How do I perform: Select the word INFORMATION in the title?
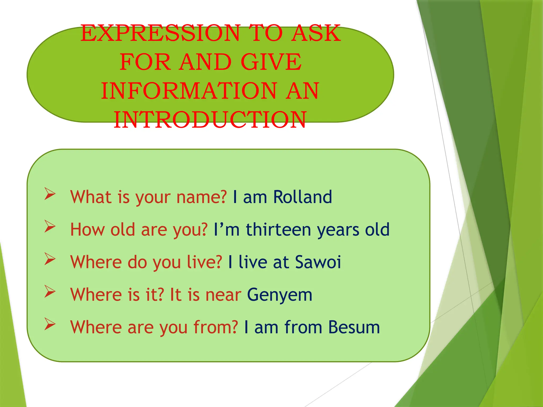[189, 91]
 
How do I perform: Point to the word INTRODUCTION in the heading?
[210, 120]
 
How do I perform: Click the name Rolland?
[303, 197]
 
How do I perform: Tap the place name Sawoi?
[318, 262]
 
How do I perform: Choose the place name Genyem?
[280, 295]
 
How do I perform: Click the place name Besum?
[354, 327]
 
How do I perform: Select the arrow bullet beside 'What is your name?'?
[50, 194]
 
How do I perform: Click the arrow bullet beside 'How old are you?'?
[50, 226]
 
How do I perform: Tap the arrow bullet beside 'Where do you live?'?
[50, 259]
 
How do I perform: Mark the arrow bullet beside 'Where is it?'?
[50, 291]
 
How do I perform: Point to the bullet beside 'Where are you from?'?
[50, 324]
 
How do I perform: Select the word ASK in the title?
[316, 33]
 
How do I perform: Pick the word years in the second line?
[338, 230]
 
